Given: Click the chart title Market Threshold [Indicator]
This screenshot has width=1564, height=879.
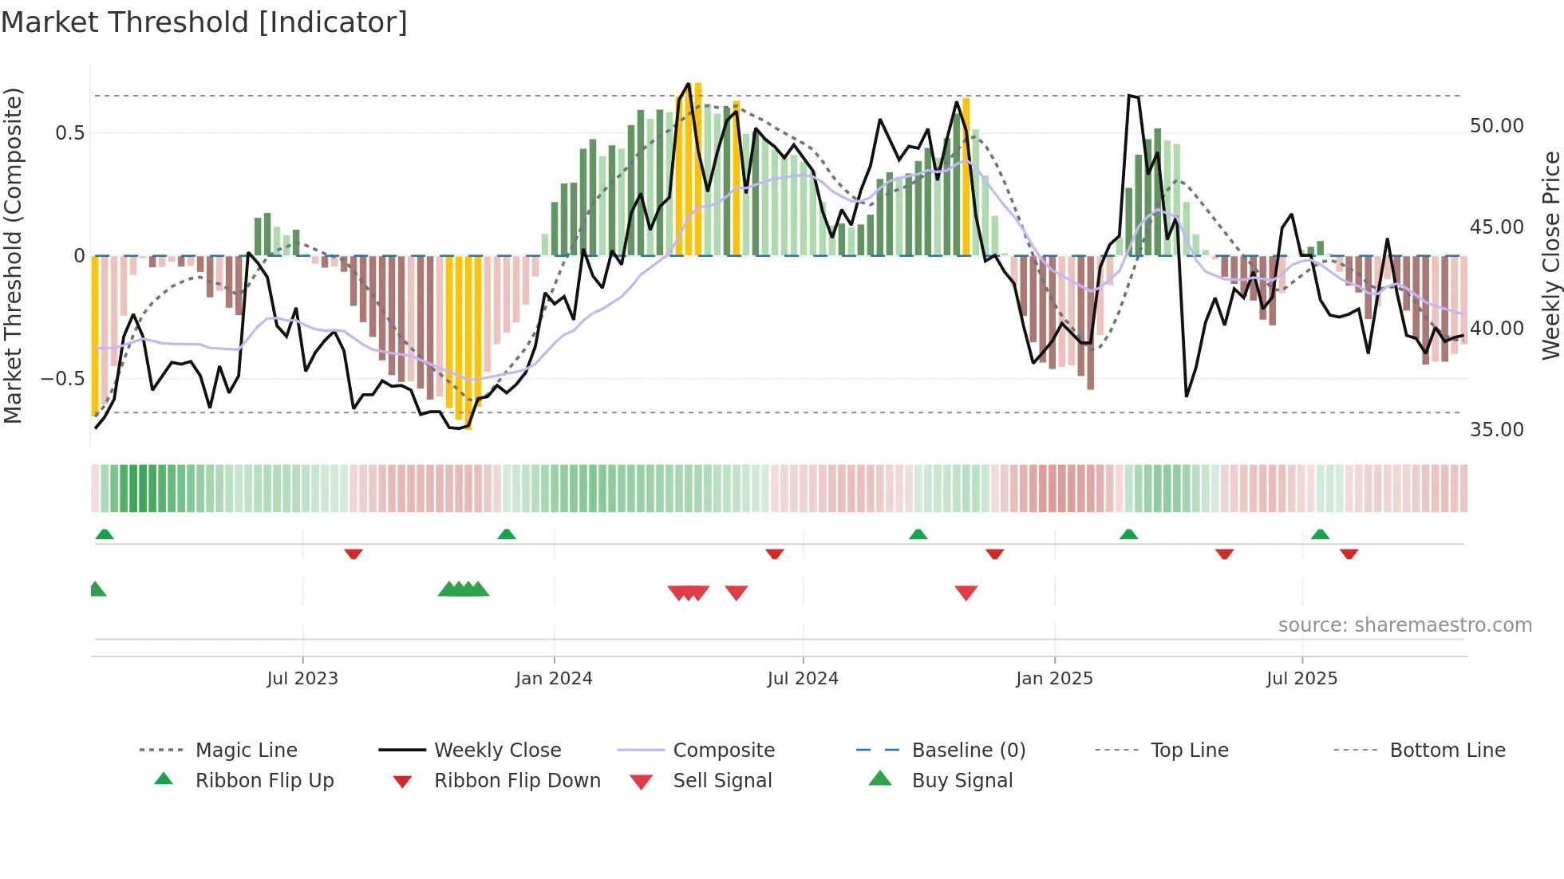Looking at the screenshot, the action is click(204, 22).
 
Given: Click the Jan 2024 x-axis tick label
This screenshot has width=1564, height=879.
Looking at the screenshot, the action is click(554, 678).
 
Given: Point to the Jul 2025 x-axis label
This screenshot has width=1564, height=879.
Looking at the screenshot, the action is click(1301, 678).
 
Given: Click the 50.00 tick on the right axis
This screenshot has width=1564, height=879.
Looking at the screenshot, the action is click(1496, 126).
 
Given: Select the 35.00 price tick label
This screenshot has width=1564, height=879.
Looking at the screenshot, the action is click(1496, 430).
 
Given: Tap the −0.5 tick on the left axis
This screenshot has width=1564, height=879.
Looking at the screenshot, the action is click(62, 378).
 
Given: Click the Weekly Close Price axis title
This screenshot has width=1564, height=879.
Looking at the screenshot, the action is click(1550, 255).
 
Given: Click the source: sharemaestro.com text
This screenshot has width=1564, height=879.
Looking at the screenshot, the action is click(1404, 625).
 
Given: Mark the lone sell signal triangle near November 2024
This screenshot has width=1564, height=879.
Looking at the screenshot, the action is click(966, 593).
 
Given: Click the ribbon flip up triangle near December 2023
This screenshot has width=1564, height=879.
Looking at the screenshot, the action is click(506, 534).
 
